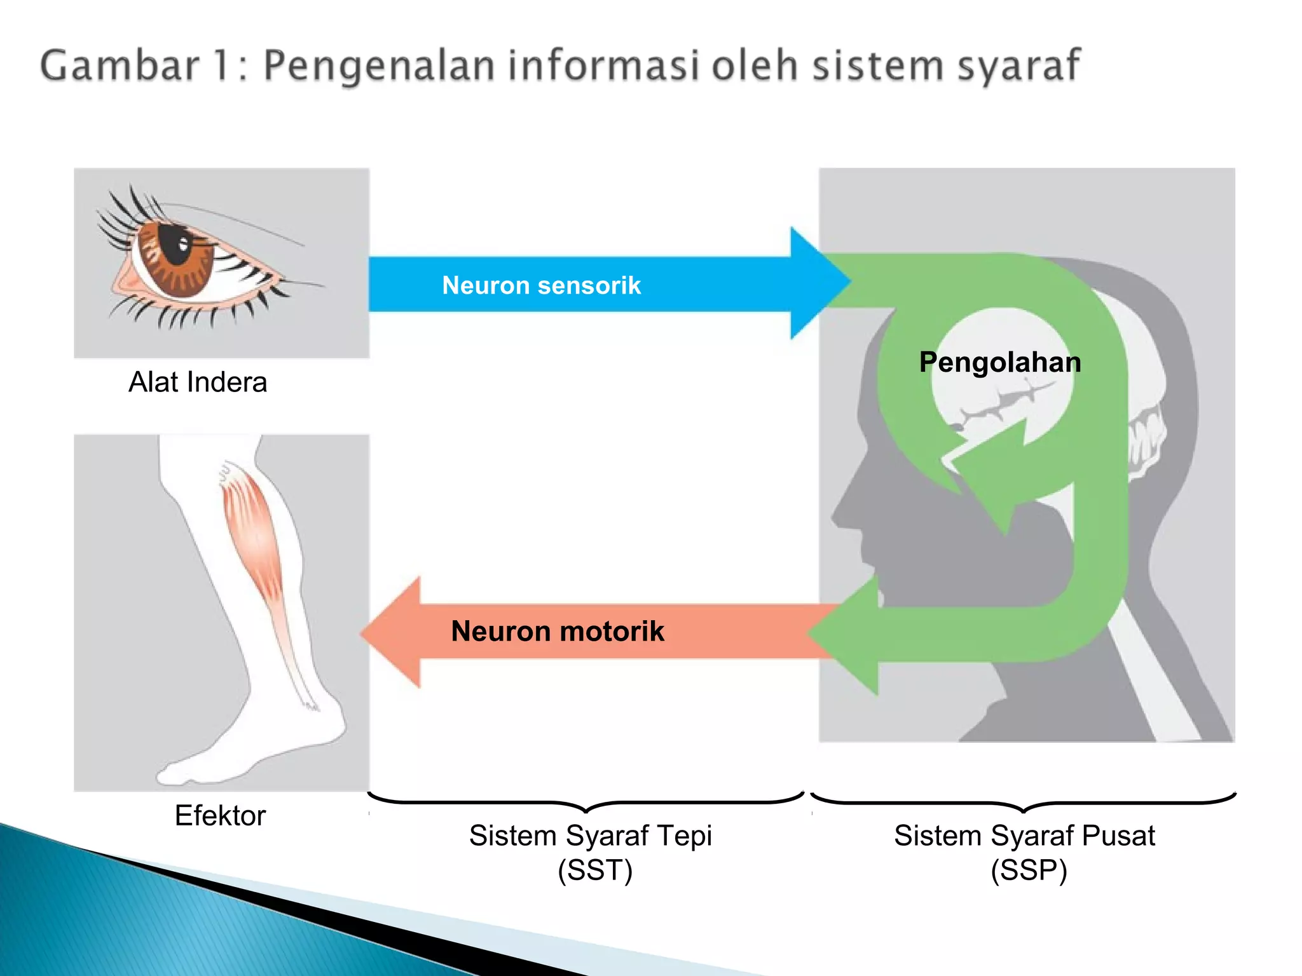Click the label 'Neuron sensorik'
[541, 285]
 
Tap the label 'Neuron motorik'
[557, 631]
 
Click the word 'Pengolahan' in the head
[999, 362]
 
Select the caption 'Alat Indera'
[198, 382]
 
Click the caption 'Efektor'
[220, 815]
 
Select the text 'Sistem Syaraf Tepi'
[590, 836]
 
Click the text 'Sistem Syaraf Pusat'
[1024, 836]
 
